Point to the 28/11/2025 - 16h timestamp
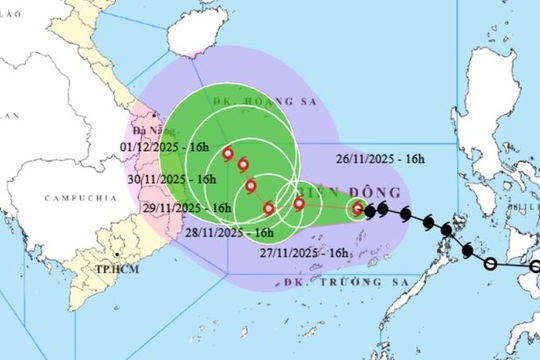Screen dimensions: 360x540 click(x=230, y=232)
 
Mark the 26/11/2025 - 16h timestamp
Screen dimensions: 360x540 click(x=379, y=157)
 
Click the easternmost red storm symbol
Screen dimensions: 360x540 click(x=357, y=209)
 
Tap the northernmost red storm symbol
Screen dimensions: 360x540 click(x=228, y=155)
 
